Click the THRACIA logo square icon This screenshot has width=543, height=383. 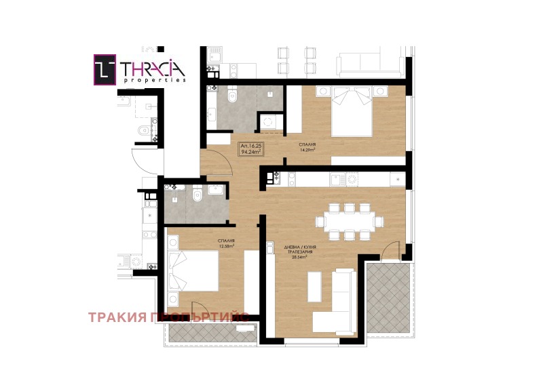103,70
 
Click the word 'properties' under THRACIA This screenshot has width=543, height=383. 155,80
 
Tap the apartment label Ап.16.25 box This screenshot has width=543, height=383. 250,148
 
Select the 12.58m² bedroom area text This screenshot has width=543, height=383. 227,246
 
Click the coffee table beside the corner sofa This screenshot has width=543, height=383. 316,286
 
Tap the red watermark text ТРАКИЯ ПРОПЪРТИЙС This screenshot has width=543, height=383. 168,317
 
